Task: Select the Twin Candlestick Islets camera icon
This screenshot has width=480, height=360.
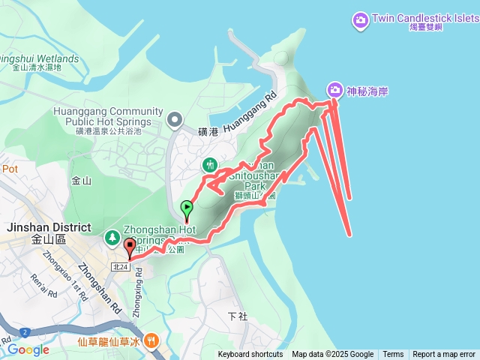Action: pos(360,19)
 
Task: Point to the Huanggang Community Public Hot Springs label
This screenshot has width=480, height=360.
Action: pos(103,116)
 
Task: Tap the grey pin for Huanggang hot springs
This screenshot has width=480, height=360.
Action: pos(175,118)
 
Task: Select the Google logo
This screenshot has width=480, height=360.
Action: pos(28,349)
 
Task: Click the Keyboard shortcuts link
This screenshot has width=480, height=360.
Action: pos(250,355)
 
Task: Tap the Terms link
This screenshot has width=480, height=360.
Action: pos(393,355)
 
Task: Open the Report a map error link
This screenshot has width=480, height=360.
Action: pos(444,355)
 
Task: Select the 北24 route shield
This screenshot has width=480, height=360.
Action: pos(120,266)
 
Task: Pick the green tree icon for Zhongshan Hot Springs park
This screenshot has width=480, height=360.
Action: pos(112,237)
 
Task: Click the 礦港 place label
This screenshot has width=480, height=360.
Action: pos(209,132)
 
